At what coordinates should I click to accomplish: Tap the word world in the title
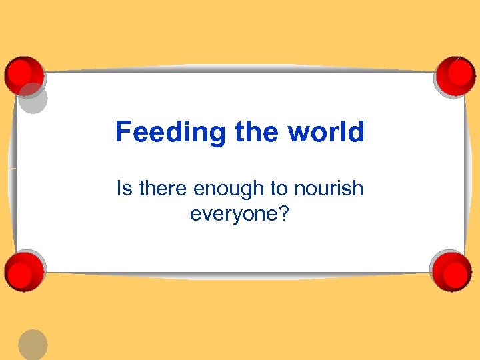click(326, 132)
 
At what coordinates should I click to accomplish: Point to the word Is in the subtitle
click(124, 189)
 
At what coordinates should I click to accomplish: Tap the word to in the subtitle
click(278, 189)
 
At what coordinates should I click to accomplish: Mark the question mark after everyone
click(284, 214)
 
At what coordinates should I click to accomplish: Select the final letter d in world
click(356, 132)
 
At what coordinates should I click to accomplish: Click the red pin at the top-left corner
click(23, 74)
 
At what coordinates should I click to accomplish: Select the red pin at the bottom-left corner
click(24, 271)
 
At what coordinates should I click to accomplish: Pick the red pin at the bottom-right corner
click(451, 270)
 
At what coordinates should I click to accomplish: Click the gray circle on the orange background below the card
click(33, 345)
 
